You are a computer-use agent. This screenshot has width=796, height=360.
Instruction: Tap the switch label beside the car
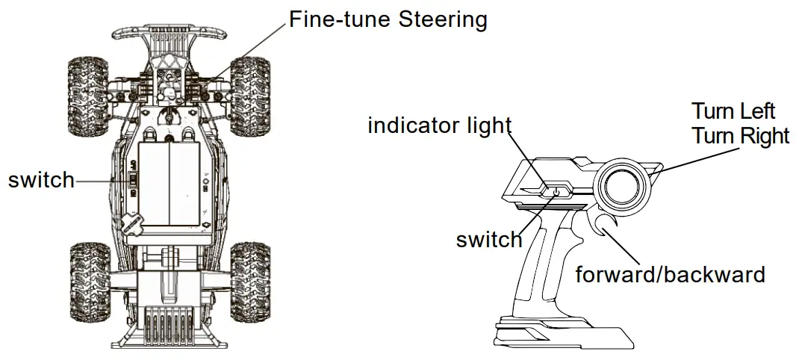(41, 180)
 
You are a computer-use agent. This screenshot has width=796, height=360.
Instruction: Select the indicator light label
(439, 125)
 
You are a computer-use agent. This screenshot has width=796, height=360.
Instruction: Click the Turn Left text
(733, 112)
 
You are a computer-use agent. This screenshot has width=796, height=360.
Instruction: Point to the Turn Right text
(740, 136)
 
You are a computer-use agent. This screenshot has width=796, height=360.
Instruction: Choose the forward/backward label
(670, 274)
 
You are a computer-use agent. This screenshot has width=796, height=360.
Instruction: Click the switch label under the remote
(489, 240)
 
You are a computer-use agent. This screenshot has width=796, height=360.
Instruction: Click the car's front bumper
(169, 33)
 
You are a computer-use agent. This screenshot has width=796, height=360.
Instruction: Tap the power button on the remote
(556, 192)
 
